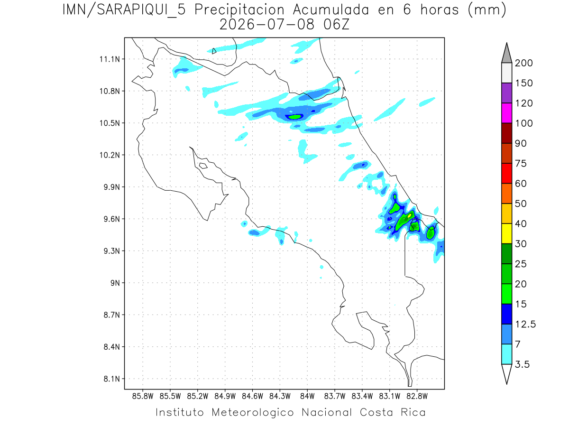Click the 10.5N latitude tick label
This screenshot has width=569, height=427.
pos(110,123)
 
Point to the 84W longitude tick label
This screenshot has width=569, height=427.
pos(307,396)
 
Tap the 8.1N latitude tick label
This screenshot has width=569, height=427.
pos(112,379)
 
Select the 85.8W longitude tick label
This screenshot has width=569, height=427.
pos(143,396)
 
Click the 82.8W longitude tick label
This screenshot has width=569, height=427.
pos(417,396)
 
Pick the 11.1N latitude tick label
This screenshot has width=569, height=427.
pos(110,59)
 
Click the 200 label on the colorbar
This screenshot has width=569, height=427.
pos(523,63)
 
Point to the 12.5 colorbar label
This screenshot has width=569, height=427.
pos(525,325)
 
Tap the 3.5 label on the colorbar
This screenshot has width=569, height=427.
pos(522,364)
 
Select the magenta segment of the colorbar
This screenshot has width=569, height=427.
pos(506,113)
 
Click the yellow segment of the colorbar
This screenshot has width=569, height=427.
pos(506,233)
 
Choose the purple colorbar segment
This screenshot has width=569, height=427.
pos(506,93)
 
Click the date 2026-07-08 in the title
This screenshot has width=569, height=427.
pos(267,25)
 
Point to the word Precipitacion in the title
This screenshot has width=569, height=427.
pos(239,10)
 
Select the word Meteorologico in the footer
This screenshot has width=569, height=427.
pos(253,412)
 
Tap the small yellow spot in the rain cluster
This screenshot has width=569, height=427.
pos(409,215)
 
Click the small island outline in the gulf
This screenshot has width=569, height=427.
pos(203,166)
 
